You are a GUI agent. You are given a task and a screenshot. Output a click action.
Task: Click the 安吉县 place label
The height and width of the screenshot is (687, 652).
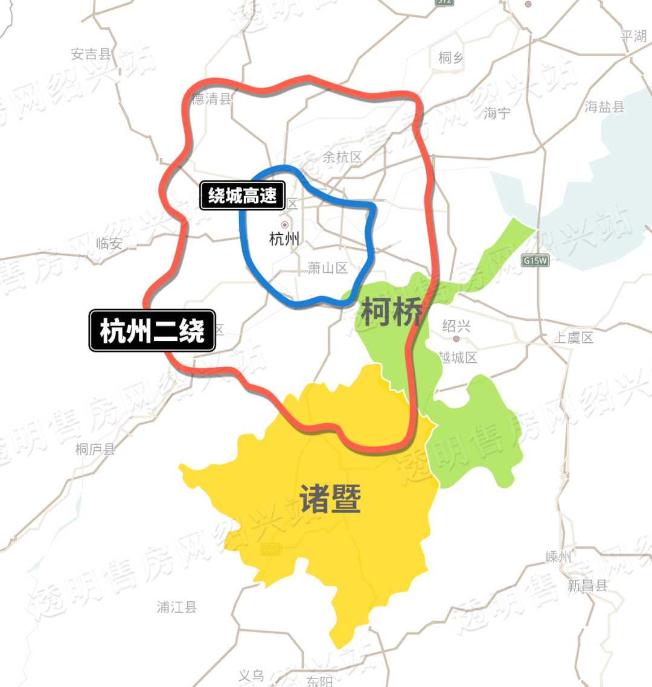[91, 54]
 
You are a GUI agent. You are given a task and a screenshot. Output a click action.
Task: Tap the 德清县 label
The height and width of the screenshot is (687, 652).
[212, 99]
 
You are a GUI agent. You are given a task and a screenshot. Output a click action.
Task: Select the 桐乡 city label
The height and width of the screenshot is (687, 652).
[451, 58]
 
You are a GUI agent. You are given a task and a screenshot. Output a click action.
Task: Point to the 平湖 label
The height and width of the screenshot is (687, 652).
[633, 36]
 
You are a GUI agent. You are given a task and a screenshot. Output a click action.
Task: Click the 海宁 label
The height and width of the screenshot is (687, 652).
[497, 113]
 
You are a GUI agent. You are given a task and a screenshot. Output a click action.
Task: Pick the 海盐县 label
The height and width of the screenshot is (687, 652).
[604, 107]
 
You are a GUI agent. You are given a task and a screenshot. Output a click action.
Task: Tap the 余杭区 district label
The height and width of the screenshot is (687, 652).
[342, 157]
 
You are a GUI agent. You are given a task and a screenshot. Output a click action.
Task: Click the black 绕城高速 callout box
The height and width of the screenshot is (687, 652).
[242, 195]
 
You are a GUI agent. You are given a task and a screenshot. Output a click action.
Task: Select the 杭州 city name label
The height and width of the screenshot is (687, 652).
[284, 238]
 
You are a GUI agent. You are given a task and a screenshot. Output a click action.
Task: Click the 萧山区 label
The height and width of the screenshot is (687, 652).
[328, 268]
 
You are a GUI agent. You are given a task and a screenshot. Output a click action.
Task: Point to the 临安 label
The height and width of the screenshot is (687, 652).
[109, 243]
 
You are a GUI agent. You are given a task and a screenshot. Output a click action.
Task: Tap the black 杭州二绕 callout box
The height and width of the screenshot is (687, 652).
[152, 330]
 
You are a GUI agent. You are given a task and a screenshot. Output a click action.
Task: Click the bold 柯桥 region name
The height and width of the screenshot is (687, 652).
[391, 313]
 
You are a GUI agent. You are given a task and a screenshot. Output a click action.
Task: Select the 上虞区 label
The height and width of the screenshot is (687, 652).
[574, 337]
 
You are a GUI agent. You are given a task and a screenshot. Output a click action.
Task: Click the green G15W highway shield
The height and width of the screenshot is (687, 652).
[535, 261]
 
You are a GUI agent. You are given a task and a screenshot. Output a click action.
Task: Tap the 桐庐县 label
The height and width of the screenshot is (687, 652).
[95, 449]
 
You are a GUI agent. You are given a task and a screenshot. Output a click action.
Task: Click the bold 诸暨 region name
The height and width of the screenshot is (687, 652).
[330, 499]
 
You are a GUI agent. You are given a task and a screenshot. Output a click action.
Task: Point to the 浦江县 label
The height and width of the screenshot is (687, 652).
[177, 607]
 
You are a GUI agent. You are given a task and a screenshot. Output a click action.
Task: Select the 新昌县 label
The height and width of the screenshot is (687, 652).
[587, 585]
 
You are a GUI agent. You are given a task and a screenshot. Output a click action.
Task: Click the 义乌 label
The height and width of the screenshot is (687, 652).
[251, 676]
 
